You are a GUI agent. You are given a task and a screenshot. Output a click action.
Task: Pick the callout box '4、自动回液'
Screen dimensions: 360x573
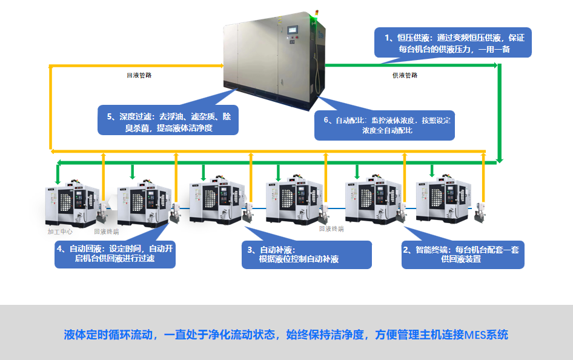point(115,255)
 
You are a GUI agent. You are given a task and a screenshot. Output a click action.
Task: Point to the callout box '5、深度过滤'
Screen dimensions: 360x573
point(168,121)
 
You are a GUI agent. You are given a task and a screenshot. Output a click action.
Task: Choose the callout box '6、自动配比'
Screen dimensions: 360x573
point(385,125)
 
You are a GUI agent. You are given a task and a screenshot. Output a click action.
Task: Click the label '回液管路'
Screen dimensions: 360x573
point(139,76)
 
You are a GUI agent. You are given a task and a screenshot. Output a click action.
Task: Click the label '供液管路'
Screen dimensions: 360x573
point(405,76)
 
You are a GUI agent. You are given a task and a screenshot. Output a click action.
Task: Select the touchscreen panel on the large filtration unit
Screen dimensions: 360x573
point(294,30)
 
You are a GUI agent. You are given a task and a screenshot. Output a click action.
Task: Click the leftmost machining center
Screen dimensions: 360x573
point(71,204)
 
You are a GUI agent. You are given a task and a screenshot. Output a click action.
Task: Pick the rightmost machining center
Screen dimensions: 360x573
point(443,201)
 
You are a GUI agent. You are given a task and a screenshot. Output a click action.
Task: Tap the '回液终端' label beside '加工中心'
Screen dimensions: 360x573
point(106,232)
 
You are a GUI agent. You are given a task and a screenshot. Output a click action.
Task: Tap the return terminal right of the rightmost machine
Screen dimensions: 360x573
point(482,209)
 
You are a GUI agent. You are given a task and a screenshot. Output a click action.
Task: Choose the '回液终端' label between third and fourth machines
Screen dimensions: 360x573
point(331,228)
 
